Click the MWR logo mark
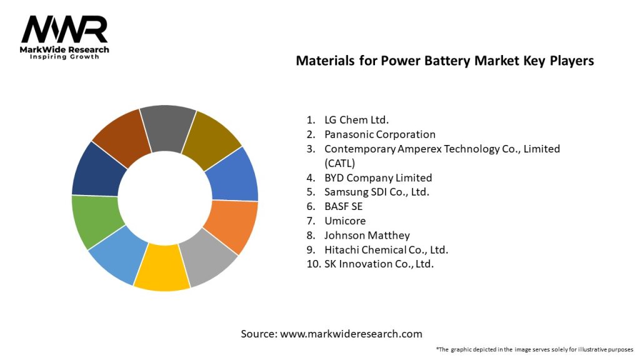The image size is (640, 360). pos(64,29)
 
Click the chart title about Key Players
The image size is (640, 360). pos(444,61)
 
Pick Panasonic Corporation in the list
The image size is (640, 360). pos(379,134)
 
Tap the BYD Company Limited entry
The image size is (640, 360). pos(377,177)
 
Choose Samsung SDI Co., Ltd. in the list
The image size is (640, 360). pos(376,192)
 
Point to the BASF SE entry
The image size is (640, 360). pos(343,206)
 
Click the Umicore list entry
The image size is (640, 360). pos(344,221)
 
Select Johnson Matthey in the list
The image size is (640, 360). pos(367,235)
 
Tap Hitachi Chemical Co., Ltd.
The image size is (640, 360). pos(386,249)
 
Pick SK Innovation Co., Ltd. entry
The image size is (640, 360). pos(379,264)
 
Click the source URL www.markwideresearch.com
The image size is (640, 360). pos(351,334)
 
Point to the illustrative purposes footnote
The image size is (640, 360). pos(534,349)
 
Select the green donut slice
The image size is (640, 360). pos(96,220)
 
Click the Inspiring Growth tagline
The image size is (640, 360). pos(64,57)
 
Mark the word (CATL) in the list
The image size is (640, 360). pos(339,163)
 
